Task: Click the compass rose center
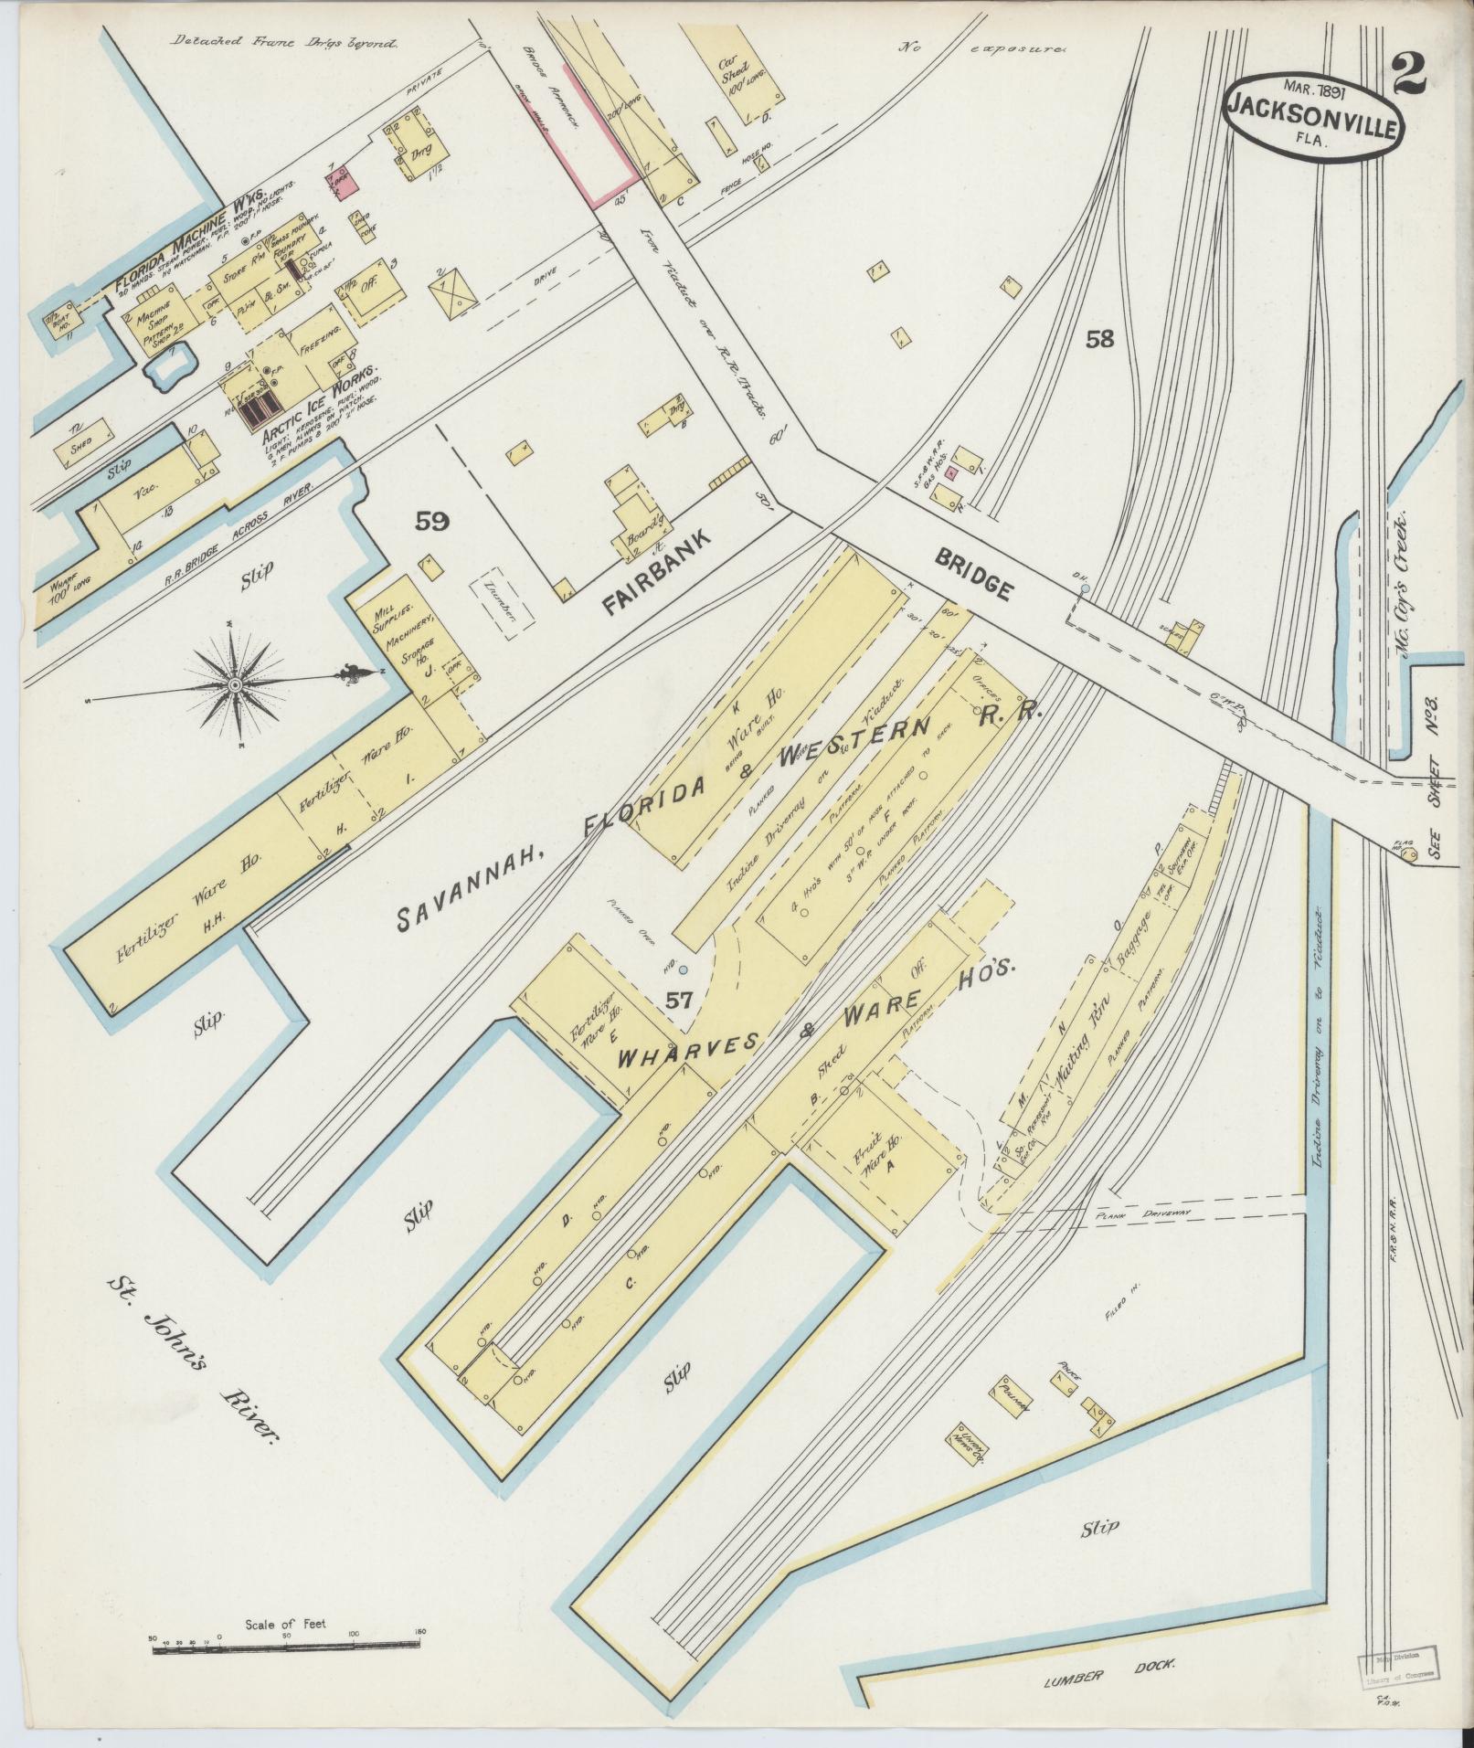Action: tap(235, 684)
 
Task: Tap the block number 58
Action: tap(1100, 340)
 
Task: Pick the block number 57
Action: tap(679, 1000)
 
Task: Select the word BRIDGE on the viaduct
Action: tap(973, 575)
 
